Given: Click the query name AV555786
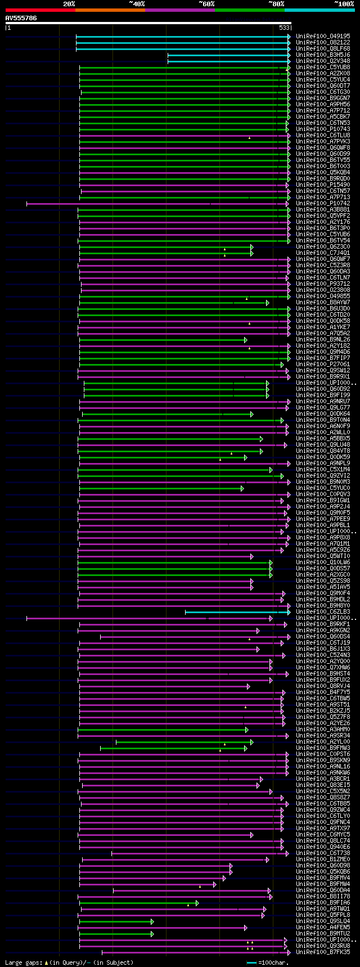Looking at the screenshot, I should [x=21, y=18].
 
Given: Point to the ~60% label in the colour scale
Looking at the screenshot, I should [x=206, y=4].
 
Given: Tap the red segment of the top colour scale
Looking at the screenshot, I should [x=40, y=10].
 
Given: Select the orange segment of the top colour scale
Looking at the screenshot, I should [x=110, y=10].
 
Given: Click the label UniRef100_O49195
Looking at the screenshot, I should [x=323, y=36].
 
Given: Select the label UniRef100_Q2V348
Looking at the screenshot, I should [x=323, y=61].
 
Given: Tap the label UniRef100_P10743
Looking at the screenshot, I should [x=323, y=129].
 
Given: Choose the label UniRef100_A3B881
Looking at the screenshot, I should [x=323, y=209].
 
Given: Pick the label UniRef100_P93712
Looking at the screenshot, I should [x=323, y=284].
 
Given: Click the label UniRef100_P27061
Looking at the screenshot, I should [x=323, y=364].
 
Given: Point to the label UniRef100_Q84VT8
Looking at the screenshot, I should [x=323, y=451].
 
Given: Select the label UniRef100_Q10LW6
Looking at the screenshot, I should [x=323, y=562].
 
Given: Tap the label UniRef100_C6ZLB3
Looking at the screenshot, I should [x=323, y=611].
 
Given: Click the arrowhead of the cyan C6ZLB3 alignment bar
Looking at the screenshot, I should [x=289, y=612].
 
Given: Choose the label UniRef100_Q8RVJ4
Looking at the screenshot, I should [x=323, y=686].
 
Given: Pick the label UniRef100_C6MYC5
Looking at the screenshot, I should [x=323, y=834].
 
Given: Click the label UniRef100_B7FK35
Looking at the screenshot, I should [x=323, y=952].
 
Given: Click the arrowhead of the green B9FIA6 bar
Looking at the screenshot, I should [x=197, y=903].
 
